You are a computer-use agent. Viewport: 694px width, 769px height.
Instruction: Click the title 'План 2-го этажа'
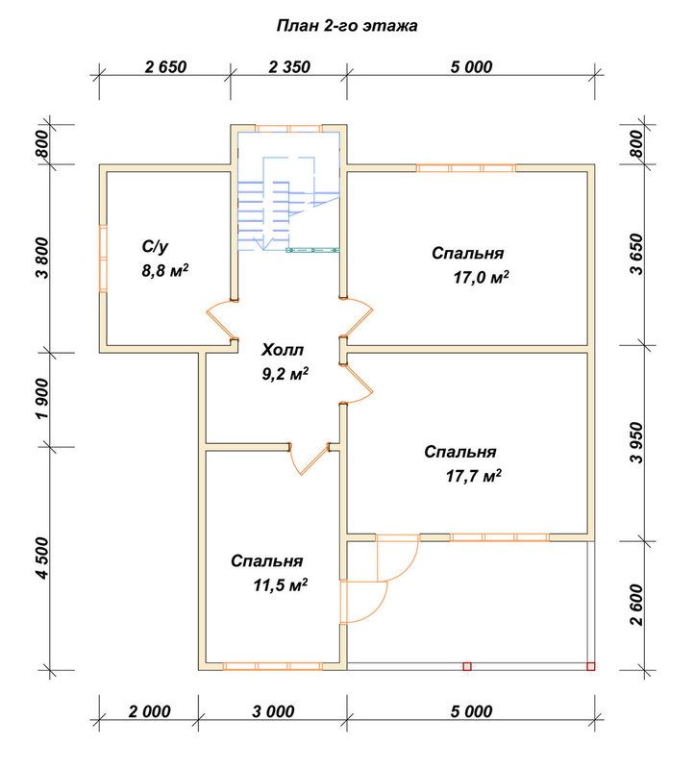click(x=347, y=26)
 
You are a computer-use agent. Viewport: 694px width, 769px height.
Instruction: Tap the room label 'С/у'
click(x=155, y=246)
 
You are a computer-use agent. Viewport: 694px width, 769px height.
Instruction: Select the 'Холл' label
click(x=283, y=350)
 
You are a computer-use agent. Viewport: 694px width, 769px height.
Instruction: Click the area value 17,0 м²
click(x=482, y=278)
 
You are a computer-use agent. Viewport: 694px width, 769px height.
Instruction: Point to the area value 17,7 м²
click(x=474, y=476)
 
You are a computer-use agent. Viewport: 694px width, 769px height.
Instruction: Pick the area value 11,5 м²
click(x=281, y=585)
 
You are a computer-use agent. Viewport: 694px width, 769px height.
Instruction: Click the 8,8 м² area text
click(x=165, y=270)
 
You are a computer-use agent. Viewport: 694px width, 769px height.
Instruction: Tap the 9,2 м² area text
click(x=285, y=374)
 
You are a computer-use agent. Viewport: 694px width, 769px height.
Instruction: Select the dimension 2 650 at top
click(x=165, y=66)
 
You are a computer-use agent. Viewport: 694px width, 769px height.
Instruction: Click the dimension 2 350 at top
click(x=289, y=66)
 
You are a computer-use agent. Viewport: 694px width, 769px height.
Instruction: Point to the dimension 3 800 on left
click(x=42, y=258)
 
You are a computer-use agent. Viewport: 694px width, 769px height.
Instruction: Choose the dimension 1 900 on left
click(x=42, y=399)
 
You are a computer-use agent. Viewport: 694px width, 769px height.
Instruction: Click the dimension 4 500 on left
click(x=42, y=558)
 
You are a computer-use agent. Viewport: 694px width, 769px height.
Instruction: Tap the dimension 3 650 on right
click(x=636, y=254)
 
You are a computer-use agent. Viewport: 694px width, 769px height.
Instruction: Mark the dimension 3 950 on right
click(x=636, y=442)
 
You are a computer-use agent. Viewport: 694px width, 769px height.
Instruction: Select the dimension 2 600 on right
click(x=636, y=605)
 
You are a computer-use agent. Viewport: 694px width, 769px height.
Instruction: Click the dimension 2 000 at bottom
click(x=150, y=711)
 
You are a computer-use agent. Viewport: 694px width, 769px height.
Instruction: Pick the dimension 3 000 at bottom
click(x=273, y=711)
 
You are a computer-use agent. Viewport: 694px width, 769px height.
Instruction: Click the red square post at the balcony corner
click(x=591, y=666)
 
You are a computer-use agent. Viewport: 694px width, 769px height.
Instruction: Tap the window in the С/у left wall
click(x=103, y=259)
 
